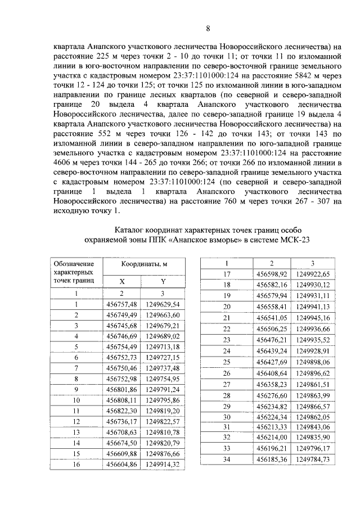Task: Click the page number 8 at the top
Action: (208, 29)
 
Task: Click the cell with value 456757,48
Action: (121, 304)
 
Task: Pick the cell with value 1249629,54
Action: (162, 304)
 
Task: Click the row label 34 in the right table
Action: (227, 460)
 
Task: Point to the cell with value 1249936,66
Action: (313, 328)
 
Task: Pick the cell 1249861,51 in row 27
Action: (313, 384)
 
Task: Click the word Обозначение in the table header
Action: (74, 263)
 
